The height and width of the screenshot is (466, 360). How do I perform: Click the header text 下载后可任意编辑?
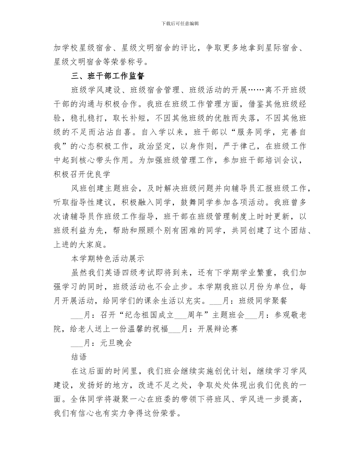tap(180, 23)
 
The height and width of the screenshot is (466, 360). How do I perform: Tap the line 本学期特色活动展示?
tap(108, 259)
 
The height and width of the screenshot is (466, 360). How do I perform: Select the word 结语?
tap(79, 357)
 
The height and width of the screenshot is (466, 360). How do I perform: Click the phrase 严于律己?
tap(265, 146)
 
